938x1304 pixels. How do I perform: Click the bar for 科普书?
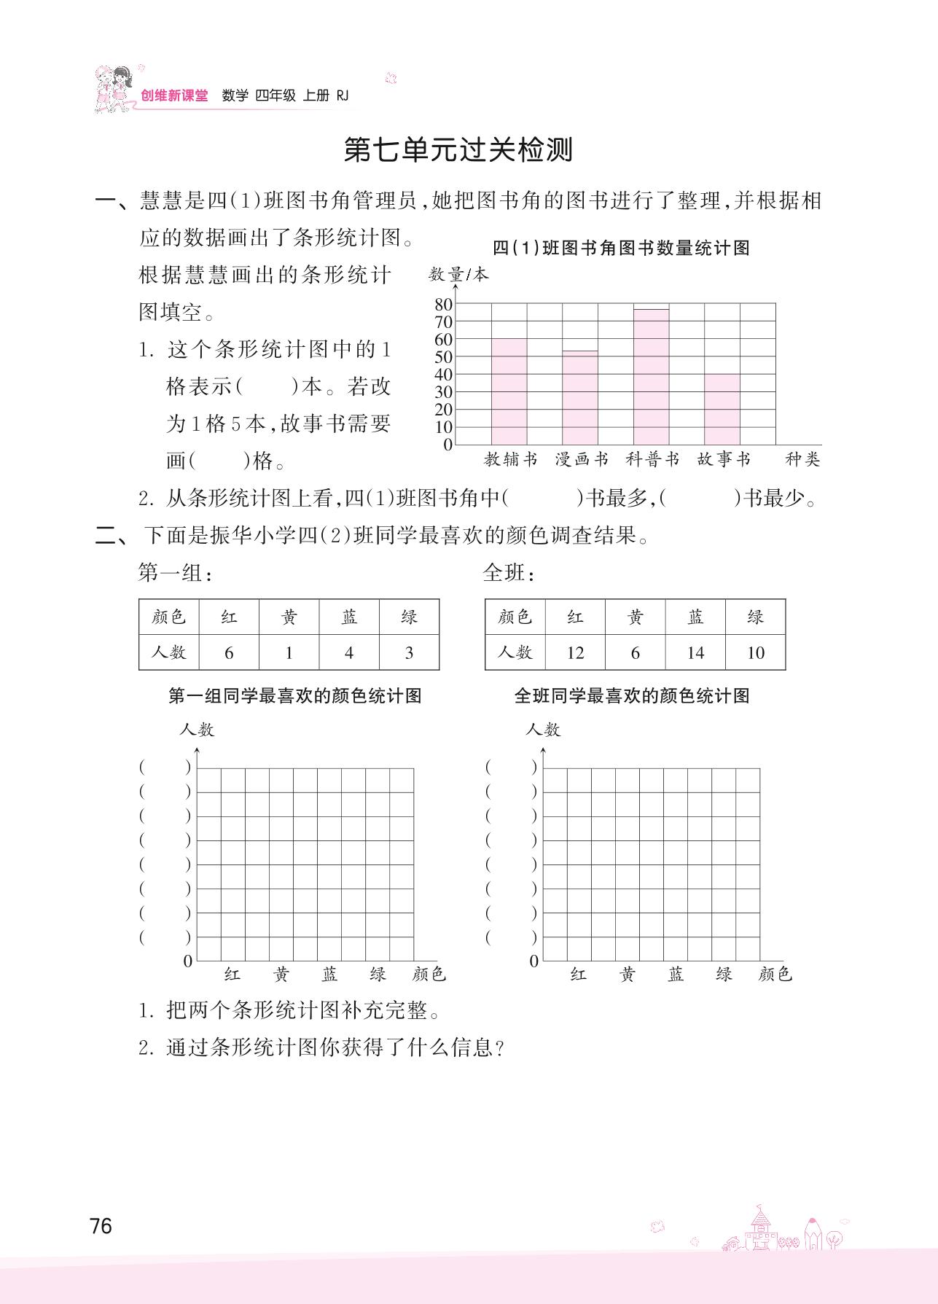click(651, 377)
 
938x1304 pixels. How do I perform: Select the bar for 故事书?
click(722, 409)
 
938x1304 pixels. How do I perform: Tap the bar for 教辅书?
click(509, 391)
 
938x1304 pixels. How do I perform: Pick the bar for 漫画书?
click(580, 398)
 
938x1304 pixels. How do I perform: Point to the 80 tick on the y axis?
click(443, 304)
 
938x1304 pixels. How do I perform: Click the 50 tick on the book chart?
click(443, 357)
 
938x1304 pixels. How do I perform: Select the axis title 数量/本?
click(458, 275)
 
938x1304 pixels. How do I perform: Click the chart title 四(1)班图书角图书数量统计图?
click(621, 249)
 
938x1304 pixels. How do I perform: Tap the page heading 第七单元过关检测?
click(458, 150)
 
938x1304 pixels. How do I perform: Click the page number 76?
click(101, 1226)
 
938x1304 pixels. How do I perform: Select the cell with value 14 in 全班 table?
click(695, 652)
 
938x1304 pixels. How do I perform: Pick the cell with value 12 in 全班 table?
click(575, 652)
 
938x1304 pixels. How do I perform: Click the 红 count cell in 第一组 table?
click(229, 652)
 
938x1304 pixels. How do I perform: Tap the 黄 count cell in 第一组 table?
click(289, 652)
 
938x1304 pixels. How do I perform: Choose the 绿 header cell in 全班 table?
click(755, 617)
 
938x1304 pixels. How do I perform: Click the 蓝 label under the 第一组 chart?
click(329, 975)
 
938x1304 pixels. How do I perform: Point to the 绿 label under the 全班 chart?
click(724, 975)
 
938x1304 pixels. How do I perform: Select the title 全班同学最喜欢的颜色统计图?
click(632, 696)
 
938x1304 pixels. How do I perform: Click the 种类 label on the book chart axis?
click(802, 459)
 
